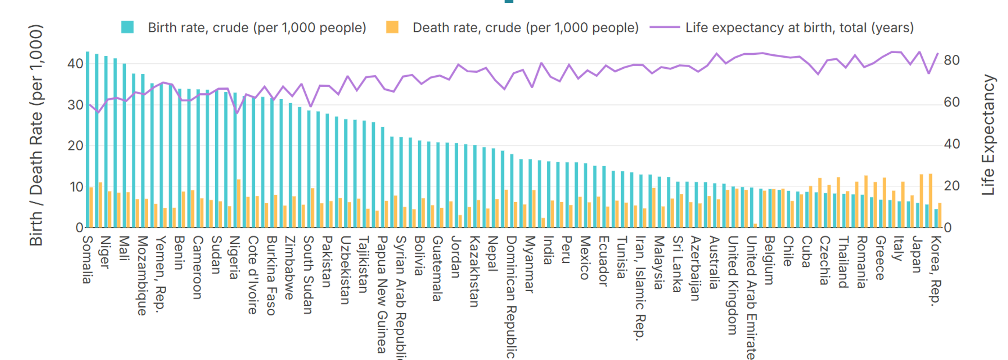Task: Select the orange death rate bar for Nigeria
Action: (x=239, y=203)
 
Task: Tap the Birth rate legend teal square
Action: (x=127, y=27)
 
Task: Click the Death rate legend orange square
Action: (x=392, y=27)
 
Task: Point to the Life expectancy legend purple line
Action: (x=665, y=27)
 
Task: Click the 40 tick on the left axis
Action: (x=75, y=63)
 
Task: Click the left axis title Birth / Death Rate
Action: (x=36, y=135)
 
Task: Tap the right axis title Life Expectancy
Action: (x=989, y=135)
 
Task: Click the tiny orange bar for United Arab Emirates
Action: (x=755, y=225)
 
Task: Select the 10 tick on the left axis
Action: (x=77, y=187)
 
